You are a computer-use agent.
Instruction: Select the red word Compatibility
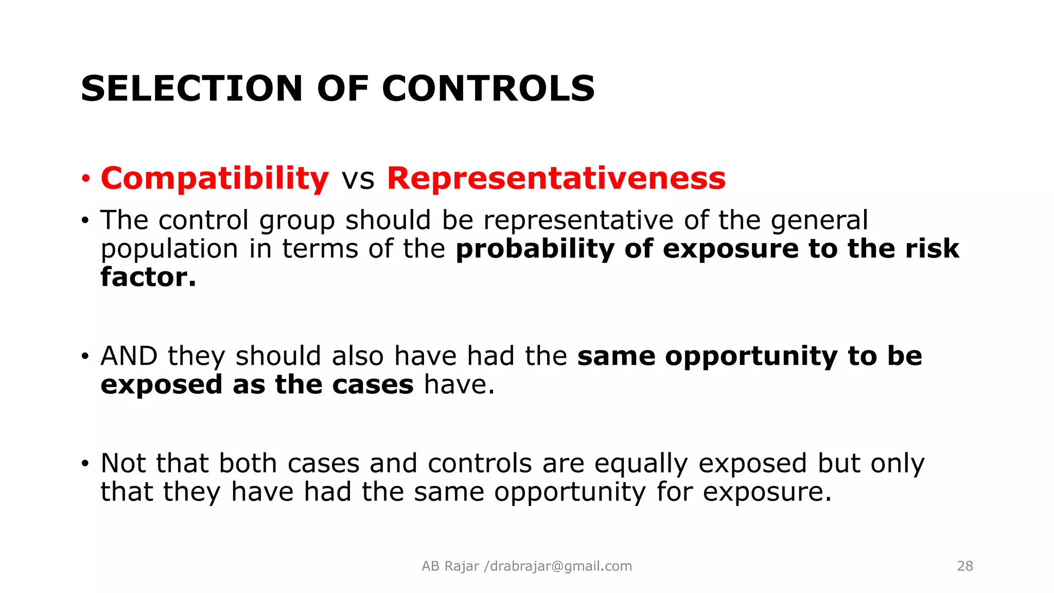(215, 179)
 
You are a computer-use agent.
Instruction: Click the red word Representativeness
(556, 179)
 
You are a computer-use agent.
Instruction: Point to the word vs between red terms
(358, 180)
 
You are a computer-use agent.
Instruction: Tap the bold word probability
(535, 249)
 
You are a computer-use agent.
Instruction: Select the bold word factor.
(148, 277)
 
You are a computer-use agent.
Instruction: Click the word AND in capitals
(129, 356)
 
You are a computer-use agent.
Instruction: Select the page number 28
(965, 566)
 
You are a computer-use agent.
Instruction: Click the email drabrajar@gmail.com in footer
(561, 566)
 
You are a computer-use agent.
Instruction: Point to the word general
(819, 221)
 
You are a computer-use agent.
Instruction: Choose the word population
(169, 249)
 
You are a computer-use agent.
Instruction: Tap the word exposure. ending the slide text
(767, 492)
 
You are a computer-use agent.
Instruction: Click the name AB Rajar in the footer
(450, 566)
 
